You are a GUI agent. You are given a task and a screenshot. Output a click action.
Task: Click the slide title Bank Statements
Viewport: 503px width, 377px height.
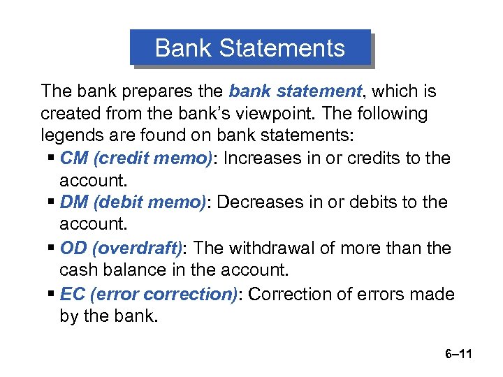click(x=249, y=48)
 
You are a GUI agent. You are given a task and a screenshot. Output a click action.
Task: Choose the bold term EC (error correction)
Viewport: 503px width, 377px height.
click(x=149, y=294)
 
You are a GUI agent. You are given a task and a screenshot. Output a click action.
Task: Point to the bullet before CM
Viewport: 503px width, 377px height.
click(x=52, y=158)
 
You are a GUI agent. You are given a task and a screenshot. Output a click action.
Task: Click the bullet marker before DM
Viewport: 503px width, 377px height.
click(x=52, y=202)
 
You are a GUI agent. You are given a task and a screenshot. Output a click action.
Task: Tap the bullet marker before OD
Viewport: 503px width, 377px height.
click(x=52, y=248)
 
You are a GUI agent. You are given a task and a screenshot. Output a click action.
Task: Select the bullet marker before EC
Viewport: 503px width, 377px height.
click(x=52, y=294)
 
